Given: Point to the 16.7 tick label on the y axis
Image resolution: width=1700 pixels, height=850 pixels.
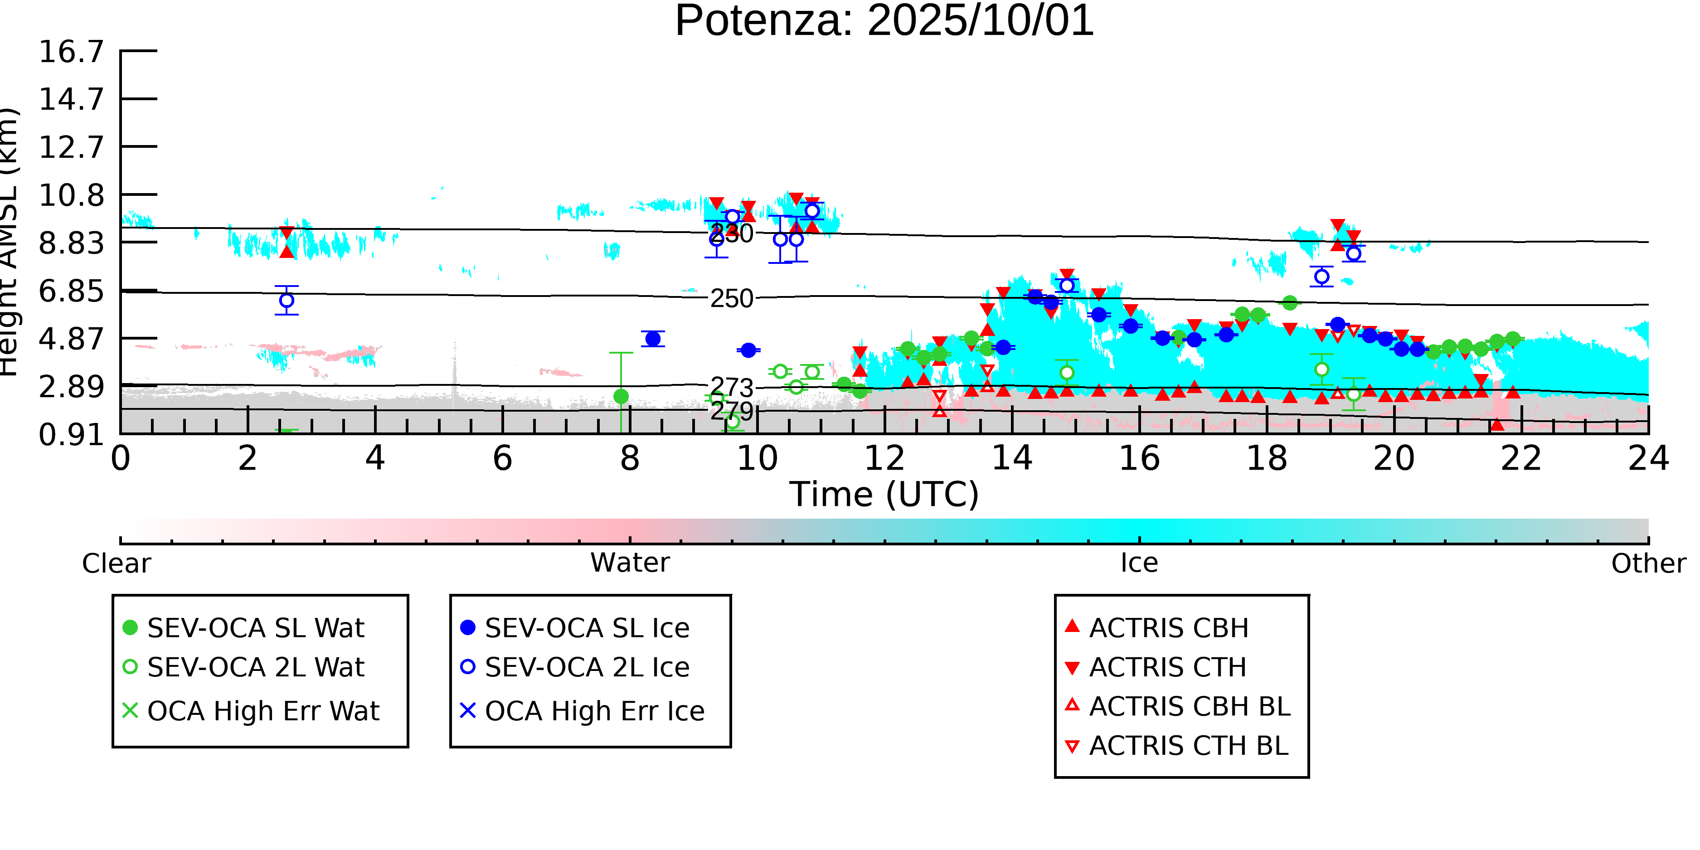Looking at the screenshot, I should point(71,52).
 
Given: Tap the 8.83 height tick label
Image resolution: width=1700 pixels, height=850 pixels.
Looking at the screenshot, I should point(71,243).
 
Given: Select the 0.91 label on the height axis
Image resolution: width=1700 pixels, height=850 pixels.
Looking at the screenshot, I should point(71,435).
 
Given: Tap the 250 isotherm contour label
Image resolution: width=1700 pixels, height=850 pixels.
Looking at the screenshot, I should point(731,299).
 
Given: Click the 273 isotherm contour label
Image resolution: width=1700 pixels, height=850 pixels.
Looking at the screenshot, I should point(731,388).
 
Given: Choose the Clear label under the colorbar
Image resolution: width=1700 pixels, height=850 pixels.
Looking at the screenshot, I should point(116,563).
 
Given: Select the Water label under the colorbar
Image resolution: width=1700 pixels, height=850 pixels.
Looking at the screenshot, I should point(630,563).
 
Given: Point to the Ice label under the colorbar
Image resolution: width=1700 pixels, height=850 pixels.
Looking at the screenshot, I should point(1139,563).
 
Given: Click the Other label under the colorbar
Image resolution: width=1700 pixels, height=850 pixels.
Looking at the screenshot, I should point(1648,563).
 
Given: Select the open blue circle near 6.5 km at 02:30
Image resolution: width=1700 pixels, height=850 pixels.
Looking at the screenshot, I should point(287,300).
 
